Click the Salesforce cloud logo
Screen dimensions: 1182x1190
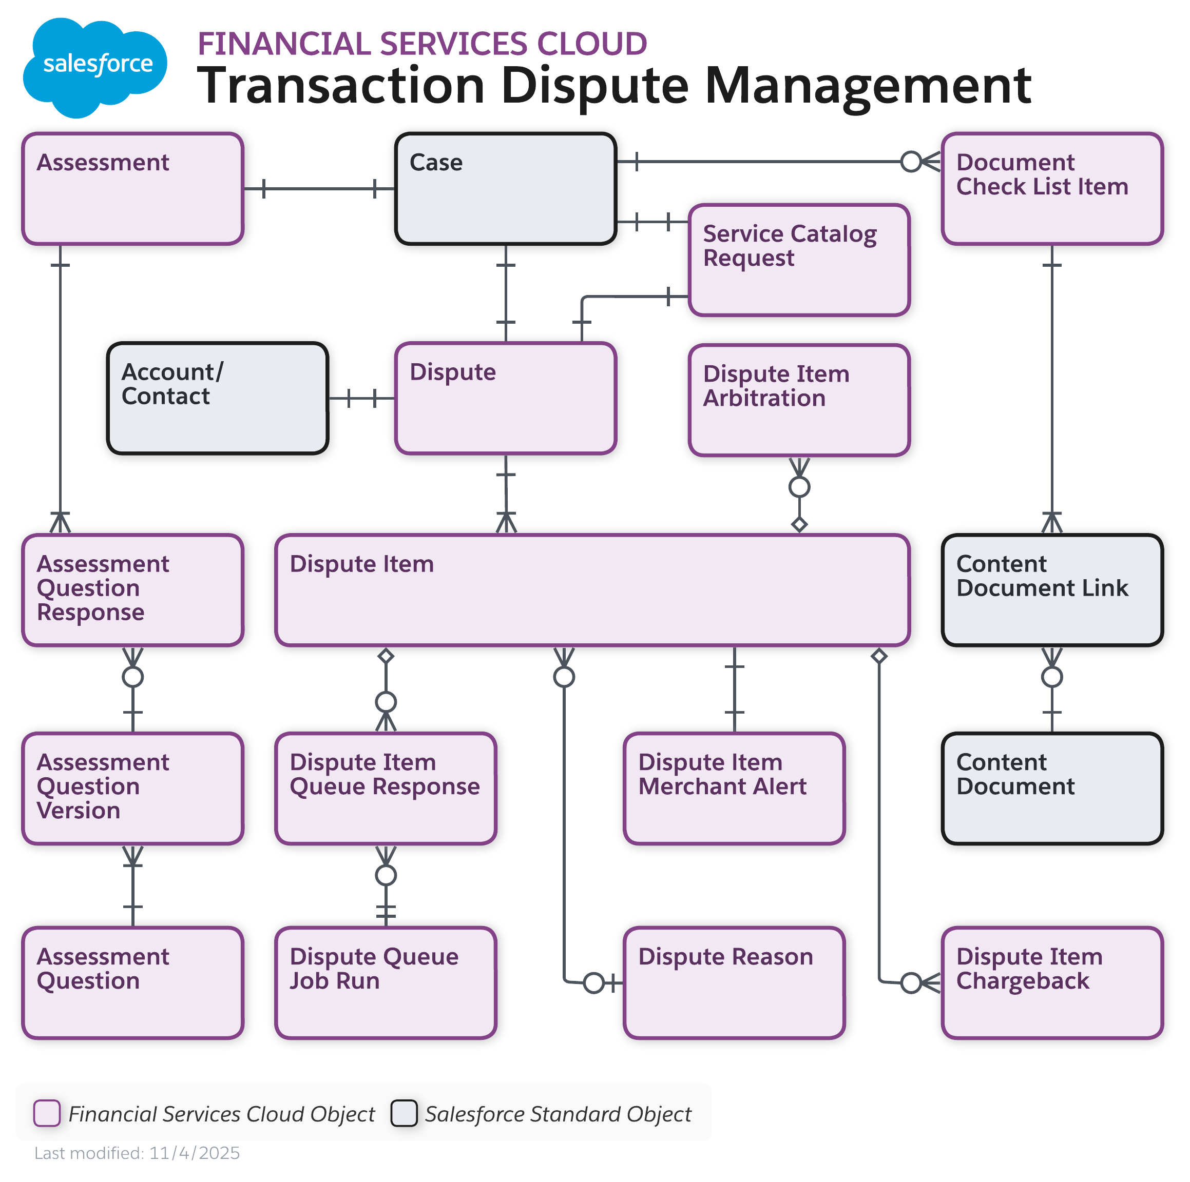tap(95, 67)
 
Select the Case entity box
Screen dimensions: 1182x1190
tap(505, 188)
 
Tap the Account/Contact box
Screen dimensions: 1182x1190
tap(218, 398)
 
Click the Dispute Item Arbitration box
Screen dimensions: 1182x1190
tap(799, 400)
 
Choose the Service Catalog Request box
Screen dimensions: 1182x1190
tap(799, 260)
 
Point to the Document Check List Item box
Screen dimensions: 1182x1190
tap(1051, 188)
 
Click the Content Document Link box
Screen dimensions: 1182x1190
tap(1051, 590)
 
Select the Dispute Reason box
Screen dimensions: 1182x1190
tap(734, 982)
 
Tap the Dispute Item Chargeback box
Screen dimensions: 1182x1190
tap(1051, 982)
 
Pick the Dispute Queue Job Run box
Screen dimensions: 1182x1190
tap(386, 982)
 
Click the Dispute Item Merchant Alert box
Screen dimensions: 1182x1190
tap(734, 788)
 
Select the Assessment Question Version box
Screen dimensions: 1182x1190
tap(132, 788)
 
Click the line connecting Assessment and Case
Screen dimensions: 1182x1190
tap(319, 188)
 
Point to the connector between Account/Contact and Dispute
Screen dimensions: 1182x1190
tap(361, 398)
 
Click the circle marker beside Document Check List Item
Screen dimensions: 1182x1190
tap(910, 162)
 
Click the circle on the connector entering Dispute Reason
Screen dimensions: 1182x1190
tap(593, 983)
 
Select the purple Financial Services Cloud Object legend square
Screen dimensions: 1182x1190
tap(47, 1113)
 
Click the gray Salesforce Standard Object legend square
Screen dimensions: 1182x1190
tap(404, 1113)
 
